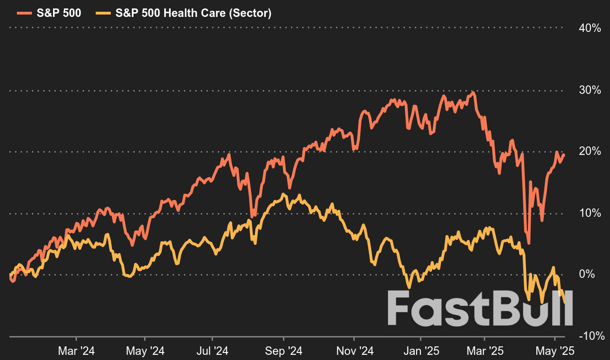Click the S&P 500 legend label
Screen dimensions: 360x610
click(59, 13)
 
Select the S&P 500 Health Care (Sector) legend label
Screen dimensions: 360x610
click(193, 13)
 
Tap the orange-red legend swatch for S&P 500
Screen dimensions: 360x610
click(22, 13)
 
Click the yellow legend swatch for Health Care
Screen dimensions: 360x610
click(101, 13)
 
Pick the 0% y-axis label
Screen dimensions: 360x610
click(592, 274)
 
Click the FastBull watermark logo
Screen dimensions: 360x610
click(480, 308)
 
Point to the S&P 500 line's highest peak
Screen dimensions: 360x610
click(473, 92)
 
